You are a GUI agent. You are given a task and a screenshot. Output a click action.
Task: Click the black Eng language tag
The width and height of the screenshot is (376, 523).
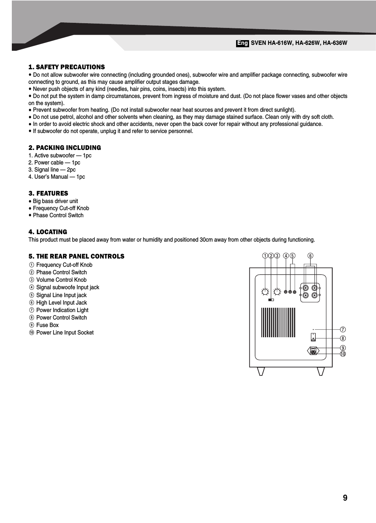click(242, 43)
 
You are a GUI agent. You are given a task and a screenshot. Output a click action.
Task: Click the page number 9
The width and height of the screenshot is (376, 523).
click(345, 498)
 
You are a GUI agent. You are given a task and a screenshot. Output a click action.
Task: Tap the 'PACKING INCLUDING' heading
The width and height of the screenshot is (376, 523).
click(65, 148)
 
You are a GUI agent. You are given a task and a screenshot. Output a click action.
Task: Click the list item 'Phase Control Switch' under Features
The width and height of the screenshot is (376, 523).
click(58, 216)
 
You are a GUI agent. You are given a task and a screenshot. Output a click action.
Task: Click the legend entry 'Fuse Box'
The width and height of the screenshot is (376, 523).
click(47, 325)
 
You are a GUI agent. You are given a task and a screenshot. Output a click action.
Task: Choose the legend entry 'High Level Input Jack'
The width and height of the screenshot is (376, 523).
click(61, 303)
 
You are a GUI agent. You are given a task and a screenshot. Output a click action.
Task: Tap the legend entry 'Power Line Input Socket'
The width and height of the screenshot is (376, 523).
click(65, 333)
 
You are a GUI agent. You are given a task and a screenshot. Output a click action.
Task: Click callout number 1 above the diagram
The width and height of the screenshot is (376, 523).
click(265, 256)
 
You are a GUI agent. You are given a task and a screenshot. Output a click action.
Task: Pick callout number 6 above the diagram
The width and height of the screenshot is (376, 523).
click(311, 256)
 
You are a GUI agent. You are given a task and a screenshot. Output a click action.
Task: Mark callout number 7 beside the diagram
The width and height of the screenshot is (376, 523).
click(343, 329)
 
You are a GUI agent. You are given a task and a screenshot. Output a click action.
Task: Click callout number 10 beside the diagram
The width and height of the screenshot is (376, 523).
click(343, 354)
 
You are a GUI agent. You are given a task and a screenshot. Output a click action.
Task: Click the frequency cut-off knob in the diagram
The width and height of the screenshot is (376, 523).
click(265, 292)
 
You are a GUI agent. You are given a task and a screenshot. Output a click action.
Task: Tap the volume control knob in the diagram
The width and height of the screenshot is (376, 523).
click(277, 292)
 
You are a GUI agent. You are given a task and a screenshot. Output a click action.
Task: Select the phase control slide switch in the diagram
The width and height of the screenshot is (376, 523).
click(271, 300)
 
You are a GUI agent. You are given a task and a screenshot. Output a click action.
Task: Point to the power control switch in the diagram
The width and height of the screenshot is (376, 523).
click(313, 337)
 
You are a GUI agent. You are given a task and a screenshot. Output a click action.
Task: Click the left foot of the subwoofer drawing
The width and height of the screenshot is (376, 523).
click(261, 371)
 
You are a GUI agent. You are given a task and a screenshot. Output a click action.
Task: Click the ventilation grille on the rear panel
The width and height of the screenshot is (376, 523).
click(278, 322)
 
